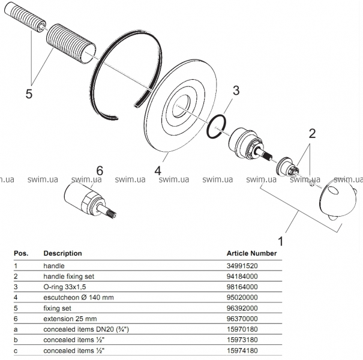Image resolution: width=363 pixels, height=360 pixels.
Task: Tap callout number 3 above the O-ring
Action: point(236,91)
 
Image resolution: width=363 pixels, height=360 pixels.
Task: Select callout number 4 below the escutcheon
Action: point(158,170)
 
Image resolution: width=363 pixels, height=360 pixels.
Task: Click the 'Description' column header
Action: point(62,253)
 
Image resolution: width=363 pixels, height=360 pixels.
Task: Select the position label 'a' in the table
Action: point(16,329)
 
